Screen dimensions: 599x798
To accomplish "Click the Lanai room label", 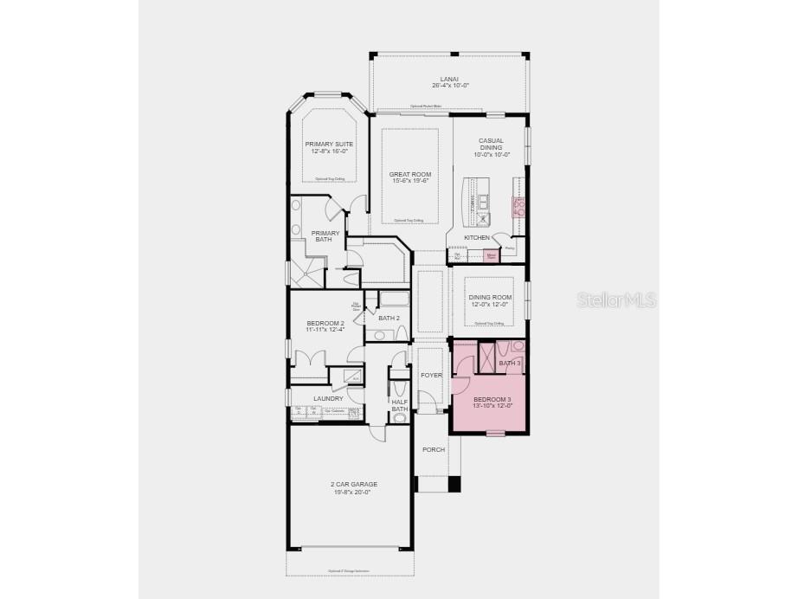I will pos(450,79).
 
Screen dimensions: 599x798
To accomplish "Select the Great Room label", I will pos(409,175).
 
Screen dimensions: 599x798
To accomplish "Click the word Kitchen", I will pos(477,237).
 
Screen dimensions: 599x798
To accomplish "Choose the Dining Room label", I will pos(491,297).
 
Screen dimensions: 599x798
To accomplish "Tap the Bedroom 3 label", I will pos(492,399).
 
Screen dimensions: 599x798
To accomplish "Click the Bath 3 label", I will pos(510,363).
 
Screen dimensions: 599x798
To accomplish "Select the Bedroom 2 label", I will pos(325,323).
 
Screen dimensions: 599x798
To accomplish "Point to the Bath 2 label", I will pos(389,318).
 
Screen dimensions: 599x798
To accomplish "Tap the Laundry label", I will pos(328,398).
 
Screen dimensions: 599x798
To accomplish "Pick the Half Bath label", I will pos(399,404).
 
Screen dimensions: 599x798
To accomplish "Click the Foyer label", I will pos(431,375).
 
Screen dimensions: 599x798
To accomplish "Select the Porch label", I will pos(433,449).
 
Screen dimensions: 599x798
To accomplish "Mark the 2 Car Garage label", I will pos(353,484).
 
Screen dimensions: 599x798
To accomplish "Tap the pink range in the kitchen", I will pos(519,206).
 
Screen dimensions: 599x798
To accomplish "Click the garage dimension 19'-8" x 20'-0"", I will pos(353,492).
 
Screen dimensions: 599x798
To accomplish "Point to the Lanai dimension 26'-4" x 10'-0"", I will pos(450,86).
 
